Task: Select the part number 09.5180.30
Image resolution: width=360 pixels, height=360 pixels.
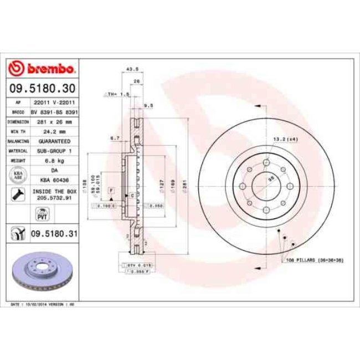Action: pos(42,88)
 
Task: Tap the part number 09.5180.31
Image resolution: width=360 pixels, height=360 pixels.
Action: pos(54,234)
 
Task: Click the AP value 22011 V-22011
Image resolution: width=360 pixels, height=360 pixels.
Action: pos(54,102)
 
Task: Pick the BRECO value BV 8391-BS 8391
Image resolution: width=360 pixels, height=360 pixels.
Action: pos(54,111)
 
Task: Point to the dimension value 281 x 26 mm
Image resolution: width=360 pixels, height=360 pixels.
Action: pos(54,121)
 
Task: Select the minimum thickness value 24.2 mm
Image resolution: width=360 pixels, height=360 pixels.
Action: pos(54,132)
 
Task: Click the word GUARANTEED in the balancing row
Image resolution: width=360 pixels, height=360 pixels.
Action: pos(54,141)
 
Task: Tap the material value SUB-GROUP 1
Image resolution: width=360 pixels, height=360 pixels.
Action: pos(54,150)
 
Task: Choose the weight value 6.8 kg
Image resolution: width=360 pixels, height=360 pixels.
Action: pos(54,160)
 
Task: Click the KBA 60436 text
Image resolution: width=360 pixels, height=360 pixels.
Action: pos(54,180)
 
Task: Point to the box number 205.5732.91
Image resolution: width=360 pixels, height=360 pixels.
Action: pos(54,197)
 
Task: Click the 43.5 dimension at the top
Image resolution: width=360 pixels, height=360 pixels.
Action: pos(132,69)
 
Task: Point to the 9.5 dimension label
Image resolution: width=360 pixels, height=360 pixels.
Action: pos(148,105)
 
